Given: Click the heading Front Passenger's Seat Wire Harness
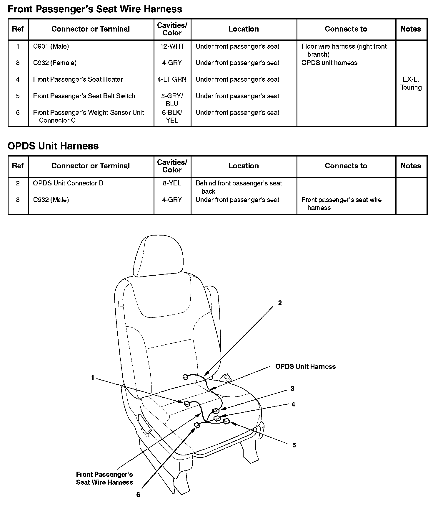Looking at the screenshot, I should pyautogui.click(x=95, y=9).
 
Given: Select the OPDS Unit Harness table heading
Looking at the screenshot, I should pyautogui.click(x=53, y=146).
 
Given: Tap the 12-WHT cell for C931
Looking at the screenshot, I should pyautogui.click(x=172, y=46).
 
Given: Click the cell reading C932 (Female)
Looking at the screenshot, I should pyautogui.click(x=55, y=63).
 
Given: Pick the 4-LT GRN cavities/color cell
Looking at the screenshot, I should pyautogui.click(x=172, y=79).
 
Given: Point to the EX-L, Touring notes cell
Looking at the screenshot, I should pyautogui.click(x=411, y=83).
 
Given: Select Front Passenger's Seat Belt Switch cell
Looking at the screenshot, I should pyautogui.click(x=84, y=96).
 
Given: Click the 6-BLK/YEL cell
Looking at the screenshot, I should pyautogui.click(x=172, y=116).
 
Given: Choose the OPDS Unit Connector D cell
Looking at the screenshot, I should pyautogui.click(x=68, y=183).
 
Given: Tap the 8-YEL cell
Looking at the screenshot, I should pyautogui.click(x=172, y=183).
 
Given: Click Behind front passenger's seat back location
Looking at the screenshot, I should pyautogui.click(x=239, y=187).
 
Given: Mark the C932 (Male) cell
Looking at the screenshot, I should pyautogui.click(x=51, y=200).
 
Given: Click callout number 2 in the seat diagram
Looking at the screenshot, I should pyautogui.click(x=280, y=303).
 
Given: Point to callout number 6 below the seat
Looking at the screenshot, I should pyautogui.click(x=138, y=495).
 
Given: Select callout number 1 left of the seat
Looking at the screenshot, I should pyautogui.click(x=93, y=378).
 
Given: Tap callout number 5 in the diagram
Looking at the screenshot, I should pyautogui.click(x=294, y=445).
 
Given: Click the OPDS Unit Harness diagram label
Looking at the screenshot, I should pyautogui.click(x=305, y=366).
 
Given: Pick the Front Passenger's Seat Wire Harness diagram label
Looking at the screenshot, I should pyautogui.click(x=104, y=478).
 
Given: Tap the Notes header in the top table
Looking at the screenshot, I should pyautogui.click(x=411, y=29).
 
